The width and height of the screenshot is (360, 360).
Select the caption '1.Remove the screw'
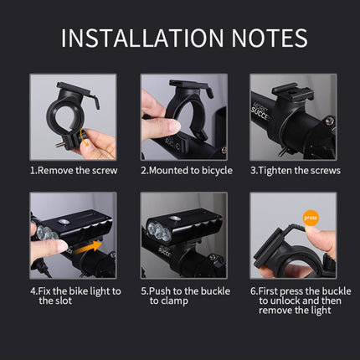[74, 170]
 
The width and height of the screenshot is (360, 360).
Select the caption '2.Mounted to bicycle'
[182, 170]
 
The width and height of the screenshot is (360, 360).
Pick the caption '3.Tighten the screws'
[295, 170]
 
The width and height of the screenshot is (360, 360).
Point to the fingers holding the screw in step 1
[98, 145]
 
